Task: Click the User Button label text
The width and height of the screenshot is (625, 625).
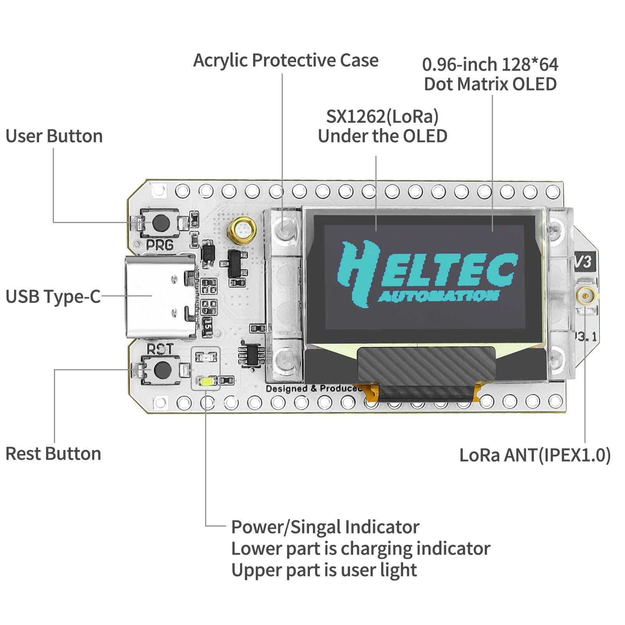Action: pos(54,136)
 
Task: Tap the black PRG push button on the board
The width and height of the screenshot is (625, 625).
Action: pos(161,222)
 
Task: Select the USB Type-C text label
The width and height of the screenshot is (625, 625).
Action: pos(53,296)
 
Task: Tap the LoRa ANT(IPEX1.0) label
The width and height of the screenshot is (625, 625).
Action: pos(534,455)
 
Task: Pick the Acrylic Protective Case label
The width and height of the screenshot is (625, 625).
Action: pos(286,61)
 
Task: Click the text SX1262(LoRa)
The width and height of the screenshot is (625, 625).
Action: pos(382,116)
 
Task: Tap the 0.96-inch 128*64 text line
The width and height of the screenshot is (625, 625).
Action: pos(490,64)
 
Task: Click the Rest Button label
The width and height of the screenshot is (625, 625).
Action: pos(53,454)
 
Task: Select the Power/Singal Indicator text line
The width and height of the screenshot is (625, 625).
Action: pos(325,527)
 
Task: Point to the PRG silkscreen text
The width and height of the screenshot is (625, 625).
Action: pos(160,245)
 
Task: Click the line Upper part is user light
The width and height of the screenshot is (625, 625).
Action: pos(324,570)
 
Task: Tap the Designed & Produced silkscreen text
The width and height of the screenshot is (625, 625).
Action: pos(312,389)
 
